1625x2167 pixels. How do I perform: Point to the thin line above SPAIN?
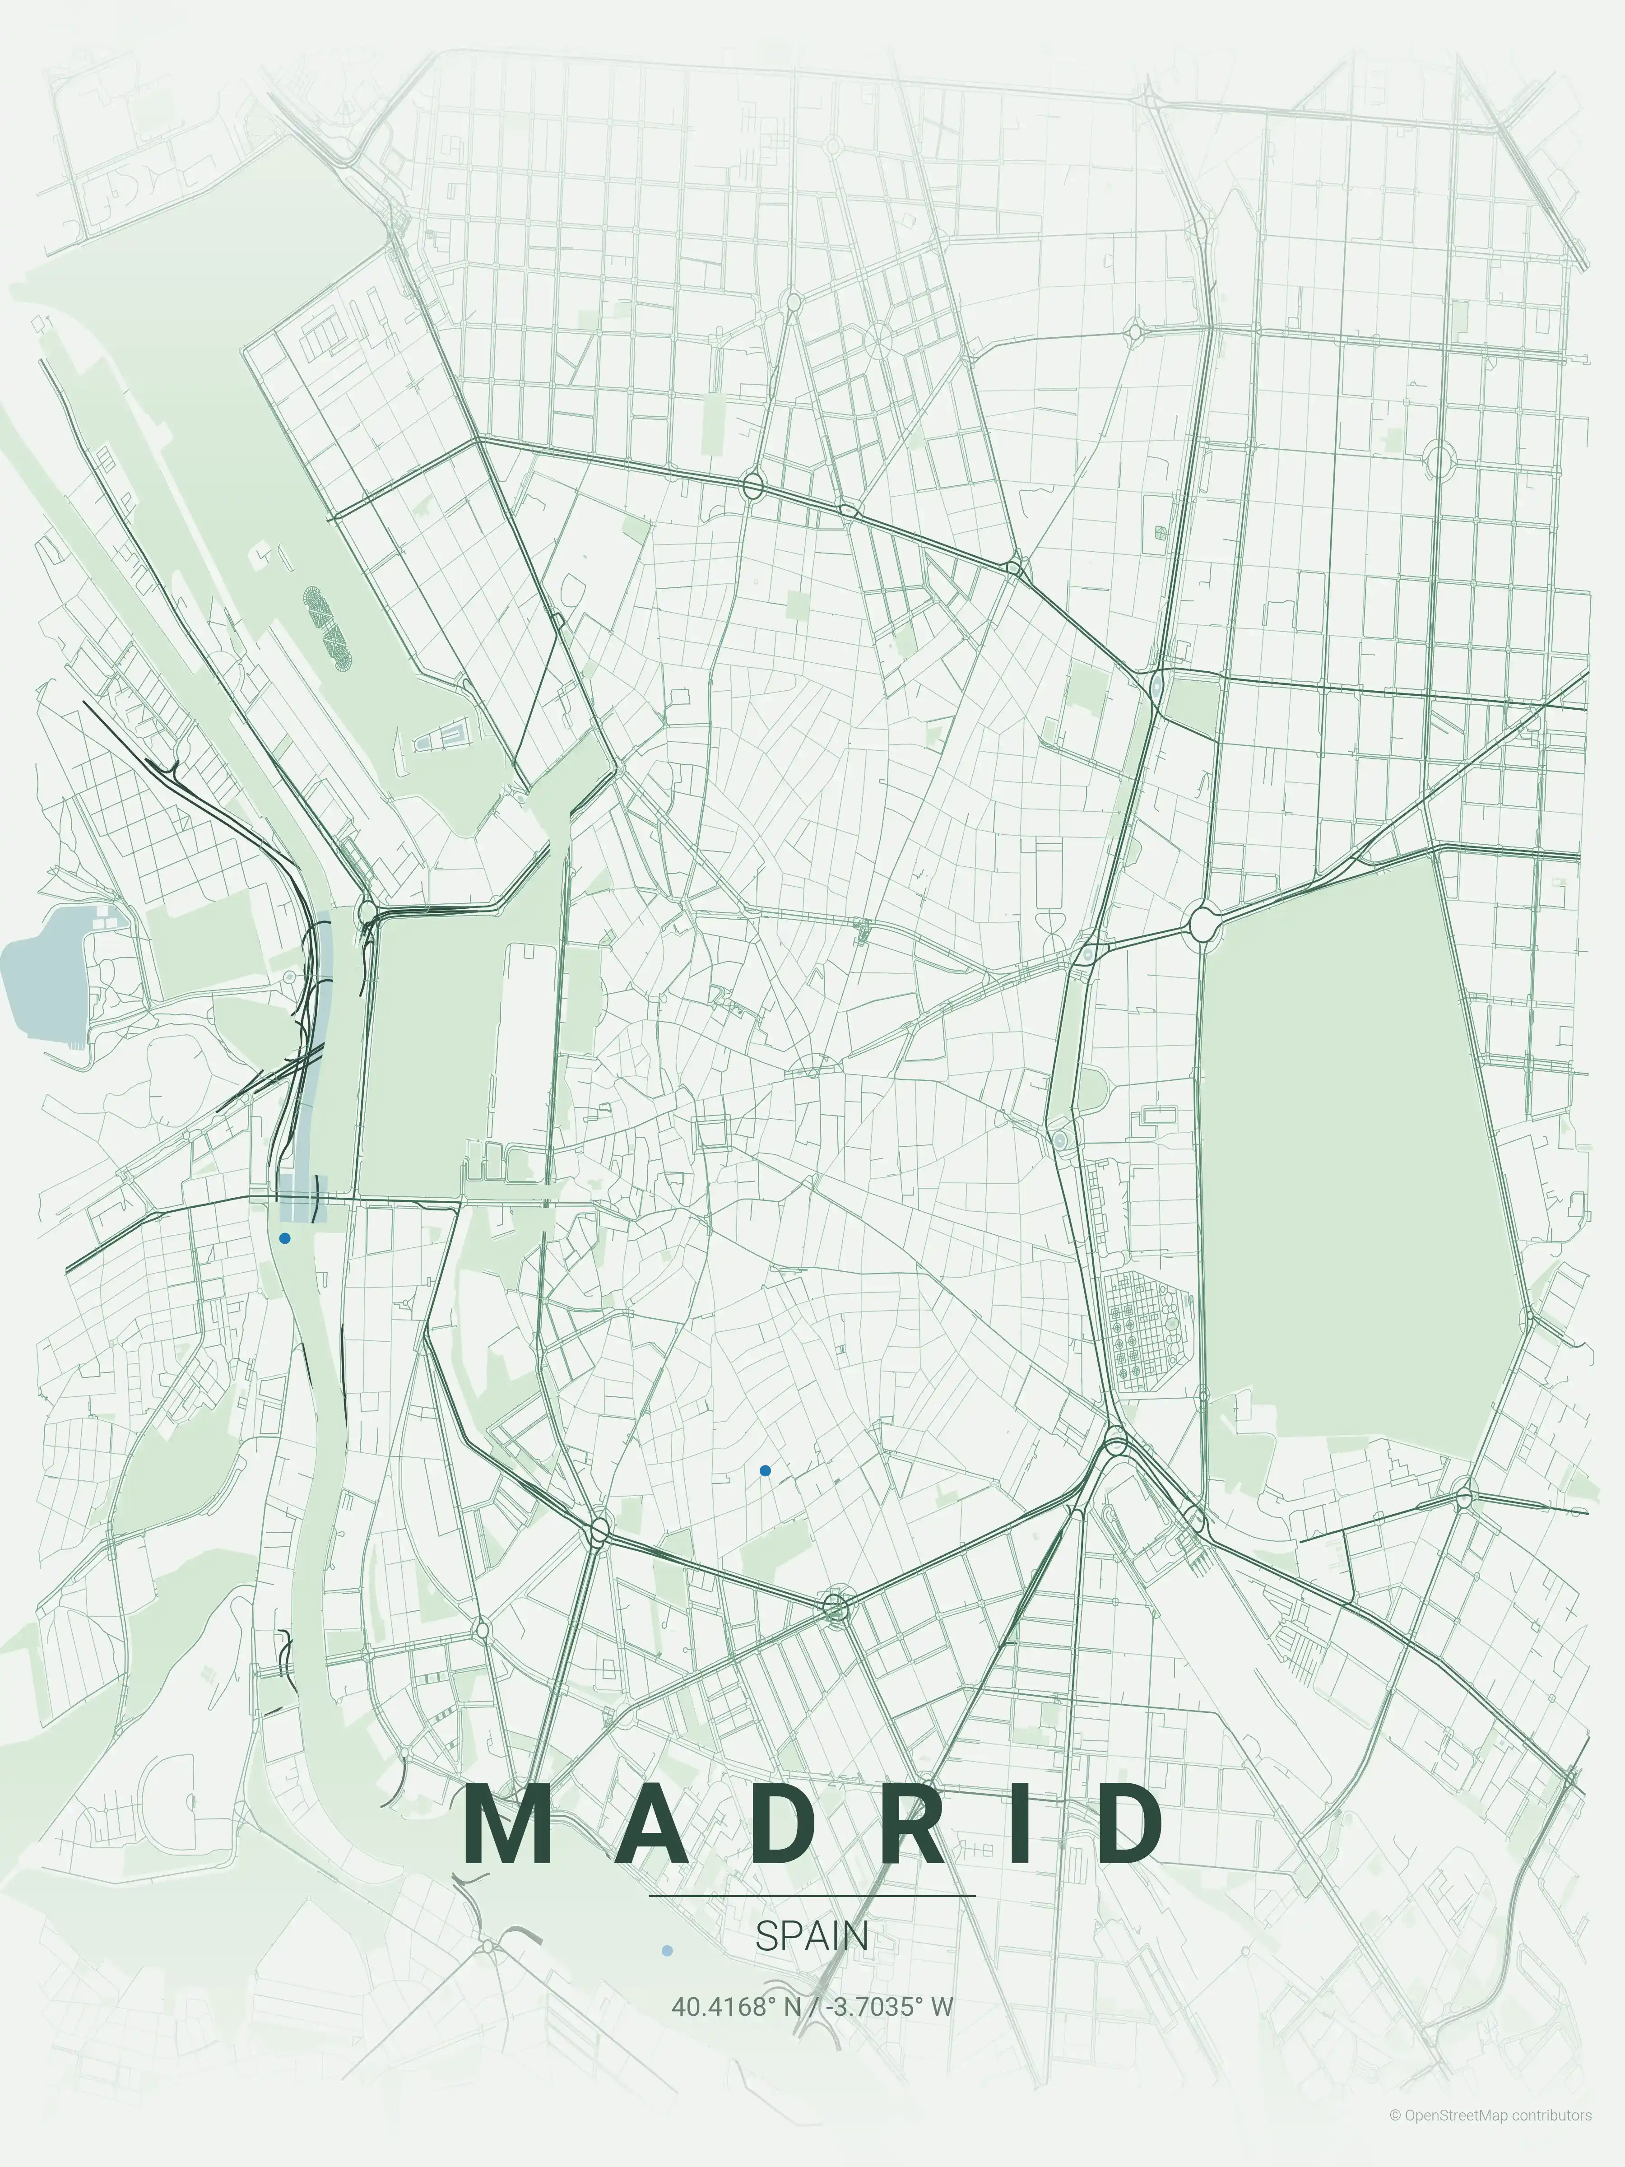(812, 1896)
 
